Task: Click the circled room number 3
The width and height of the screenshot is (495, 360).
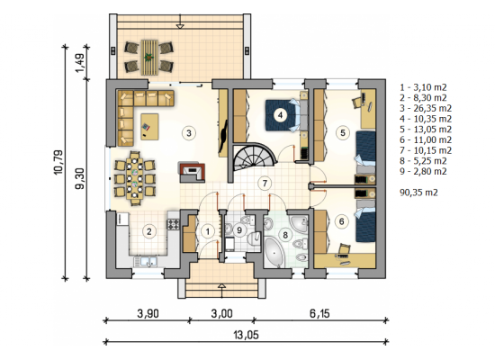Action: (188, 133)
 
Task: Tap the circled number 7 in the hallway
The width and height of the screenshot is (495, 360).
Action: (265, 183)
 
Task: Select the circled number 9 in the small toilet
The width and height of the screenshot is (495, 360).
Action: (239, 229)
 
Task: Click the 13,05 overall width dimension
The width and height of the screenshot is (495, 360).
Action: (246, 335)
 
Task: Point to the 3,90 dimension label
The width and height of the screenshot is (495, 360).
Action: (148, 313)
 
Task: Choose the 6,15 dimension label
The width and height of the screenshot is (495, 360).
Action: (319, 313)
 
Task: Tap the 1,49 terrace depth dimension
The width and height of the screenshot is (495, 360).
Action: (80, 62)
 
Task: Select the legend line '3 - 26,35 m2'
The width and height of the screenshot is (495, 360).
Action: (426, 108)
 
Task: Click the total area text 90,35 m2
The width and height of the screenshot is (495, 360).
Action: (418, 193)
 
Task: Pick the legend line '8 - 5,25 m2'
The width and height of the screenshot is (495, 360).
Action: (423, 161)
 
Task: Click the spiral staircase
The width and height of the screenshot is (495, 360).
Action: (255, 157)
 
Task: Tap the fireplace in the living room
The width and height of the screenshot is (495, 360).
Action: (192, 173)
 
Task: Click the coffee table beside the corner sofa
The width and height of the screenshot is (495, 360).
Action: (149, 127)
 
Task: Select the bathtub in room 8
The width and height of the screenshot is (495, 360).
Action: (274, 253)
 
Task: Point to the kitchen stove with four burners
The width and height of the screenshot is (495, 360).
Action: (174, 224)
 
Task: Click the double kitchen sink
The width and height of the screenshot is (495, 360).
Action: (146, 262)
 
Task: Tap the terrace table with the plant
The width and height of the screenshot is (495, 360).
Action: (149, 58)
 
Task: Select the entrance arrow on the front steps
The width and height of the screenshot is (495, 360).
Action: (222, 292)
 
